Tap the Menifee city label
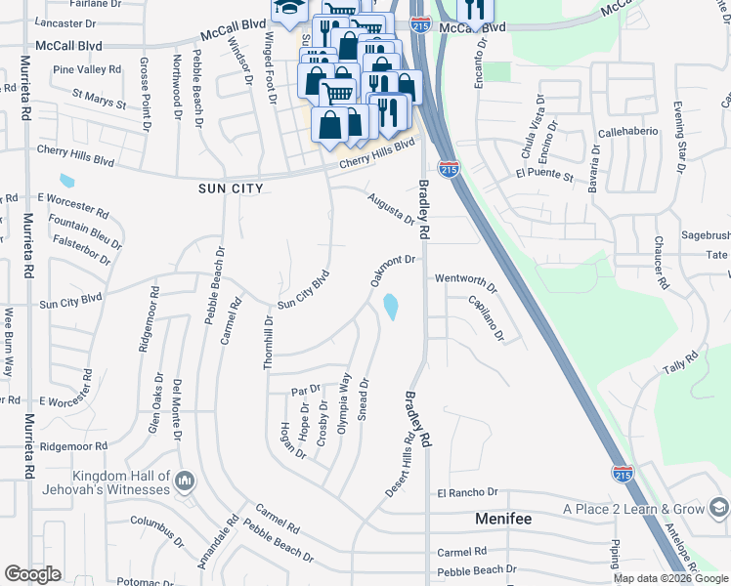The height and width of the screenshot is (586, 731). (503, 519)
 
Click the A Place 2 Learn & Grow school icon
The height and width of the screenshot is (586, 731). (718, 509)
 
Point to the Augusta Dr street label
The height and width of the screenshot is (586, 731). (392, 207)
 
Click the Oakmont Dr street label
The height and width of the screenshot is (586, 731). (394, 272)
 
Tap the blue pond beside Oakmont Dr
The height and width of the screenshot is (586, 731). (391, 308)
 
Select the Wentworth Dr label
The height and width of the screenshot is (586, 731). (466, 283)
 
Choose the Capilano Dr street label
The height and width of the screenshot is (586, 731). (485, 318)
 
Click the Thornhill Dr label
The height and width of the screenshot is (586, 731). (268, 341)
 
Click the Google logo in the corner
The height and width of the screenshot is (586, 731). (32, 574)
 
